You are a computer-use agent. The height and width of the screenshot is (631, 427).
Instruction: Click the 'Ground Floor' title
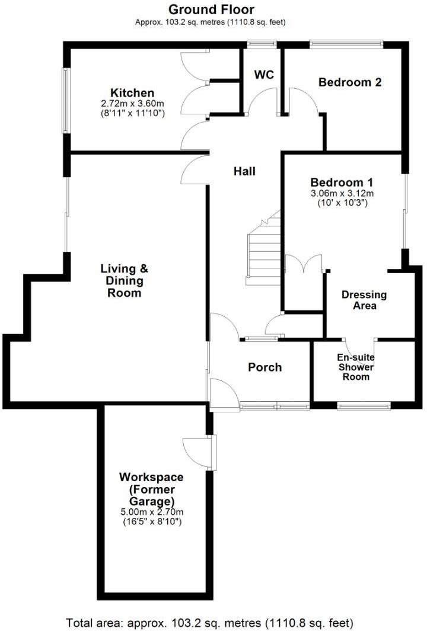211,9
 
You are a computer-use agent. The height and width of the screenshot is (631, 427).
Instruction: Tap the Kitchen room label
132,93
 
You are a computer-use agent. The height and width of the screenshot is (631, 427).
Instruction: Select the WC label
263,75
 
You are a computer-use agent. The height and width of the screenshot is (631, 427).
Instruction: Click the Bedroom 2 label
350,82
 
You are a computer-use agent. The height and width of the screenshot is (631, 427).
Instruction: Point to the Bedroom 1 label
342,182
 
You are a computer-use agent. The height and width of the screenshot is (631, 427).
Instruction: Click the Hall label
244,171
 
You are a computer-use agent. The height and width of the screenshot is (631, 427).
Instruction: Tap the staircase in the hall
263,249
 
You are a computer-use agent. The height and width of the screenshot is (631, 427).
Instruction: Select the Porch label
265,367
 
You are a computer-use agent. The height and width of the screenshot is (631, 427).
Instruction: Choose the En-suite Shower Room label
356,367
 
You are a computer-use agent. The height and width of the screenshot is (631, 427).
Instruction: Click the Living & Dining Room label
121,280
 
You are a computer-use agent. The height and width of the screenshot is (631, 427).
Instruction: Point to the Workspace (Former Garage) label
151,489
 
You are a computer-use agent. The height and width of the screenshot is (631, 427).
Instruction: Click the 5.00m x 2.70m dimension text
151,513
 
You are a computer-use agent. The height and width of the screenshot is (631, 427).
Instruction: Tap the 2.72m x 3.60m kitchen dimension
132,103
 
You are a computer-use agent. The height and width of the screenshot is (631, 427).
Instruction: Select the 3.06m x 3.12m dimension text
342,193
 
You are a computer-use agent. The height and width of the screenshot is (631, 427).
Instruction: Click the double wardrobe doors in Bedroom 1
304,264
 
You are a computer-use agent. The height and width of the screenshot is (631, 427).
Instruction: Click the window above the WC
262,43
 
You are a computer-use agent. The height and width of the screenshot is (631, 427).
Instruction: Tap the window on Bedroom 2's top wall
346,43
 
